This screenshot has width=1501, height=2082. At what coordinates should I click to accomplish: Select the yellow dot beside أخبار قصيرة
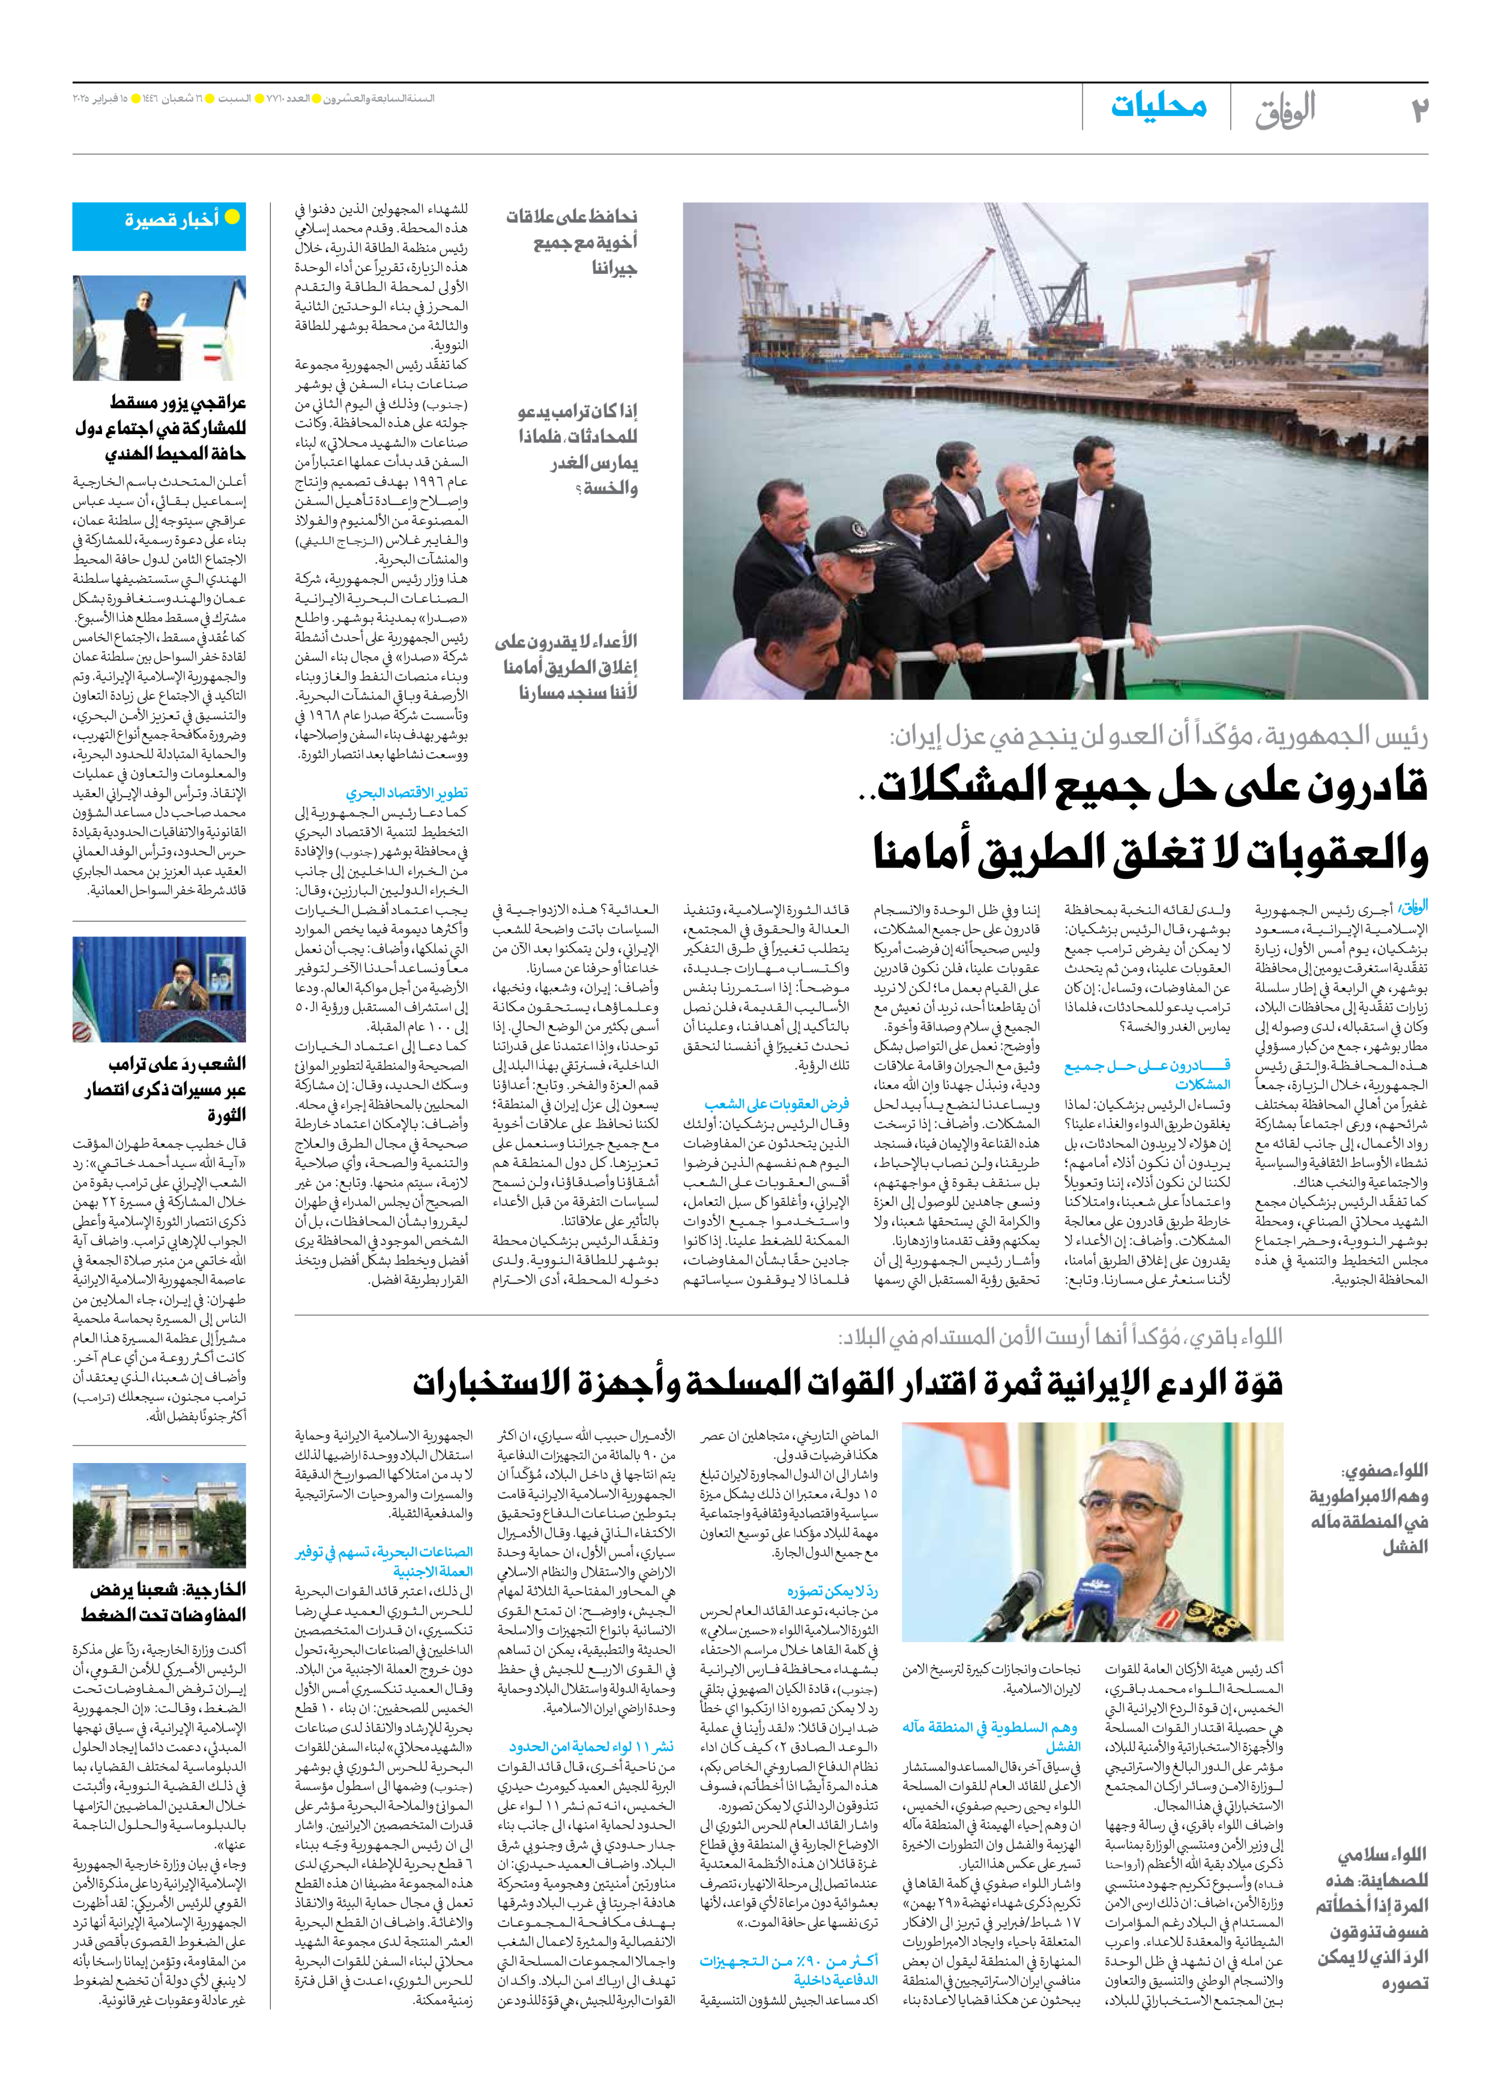(232, 217)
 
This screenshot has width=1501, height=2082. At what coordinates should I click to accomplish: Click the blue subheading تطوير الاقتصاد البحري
(406, 792)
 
